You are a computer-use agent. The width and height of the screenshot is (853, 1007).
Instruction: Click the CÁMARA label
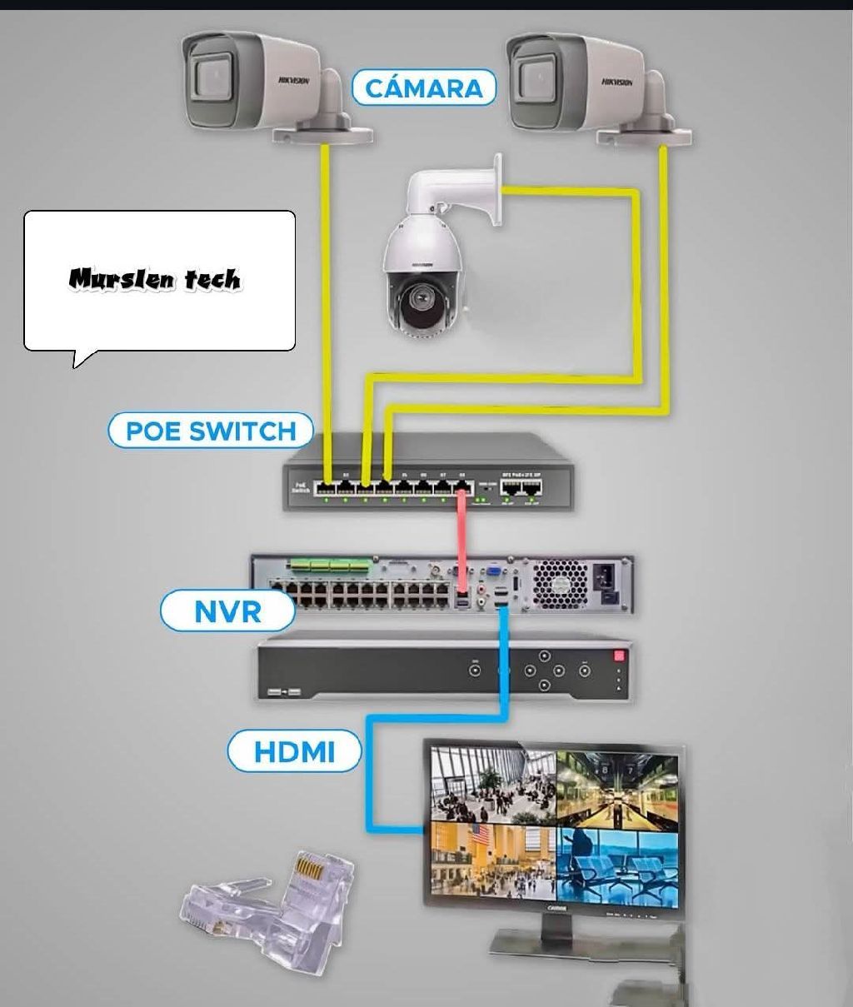coord(424,87)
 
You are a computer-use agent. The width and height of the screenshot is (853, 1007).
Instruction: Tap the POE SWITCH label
coord(211,431)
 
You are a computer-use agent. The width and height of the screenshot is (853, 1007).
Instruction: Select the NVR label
coord(227,611)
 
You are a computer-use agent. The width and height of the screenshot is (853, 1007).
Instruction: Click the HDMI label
coord(294,752)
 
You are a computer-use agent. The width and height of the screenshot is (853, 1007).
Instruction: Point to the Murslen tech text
coord(155,279)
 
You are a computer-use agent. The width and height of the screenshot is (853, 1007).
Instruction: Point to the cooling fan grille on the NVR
coord(560,584)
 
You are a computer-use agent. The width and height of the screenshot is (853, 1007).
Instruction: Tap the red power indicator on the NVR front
coord(619,656)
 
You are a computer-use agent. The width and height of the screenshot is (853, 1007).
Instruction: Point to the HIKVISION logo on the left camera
coord(293,80)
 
